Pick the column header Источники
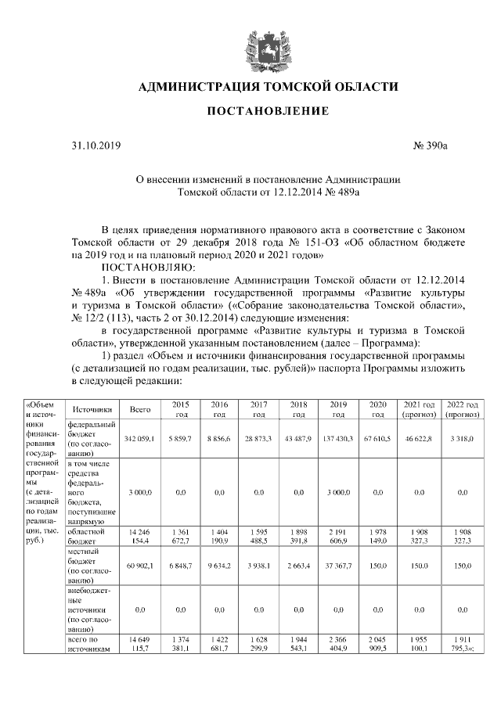tap(92, 409)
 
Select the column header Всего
tap(140, 409)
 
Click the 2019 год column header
tap(338, 409)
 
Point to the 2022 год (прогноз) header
tap(461, 409)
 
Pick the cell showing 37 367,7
tap(338, 566)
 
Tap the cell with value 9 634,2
tap(219, 566)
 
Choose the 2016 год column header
tap(219, 409)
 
